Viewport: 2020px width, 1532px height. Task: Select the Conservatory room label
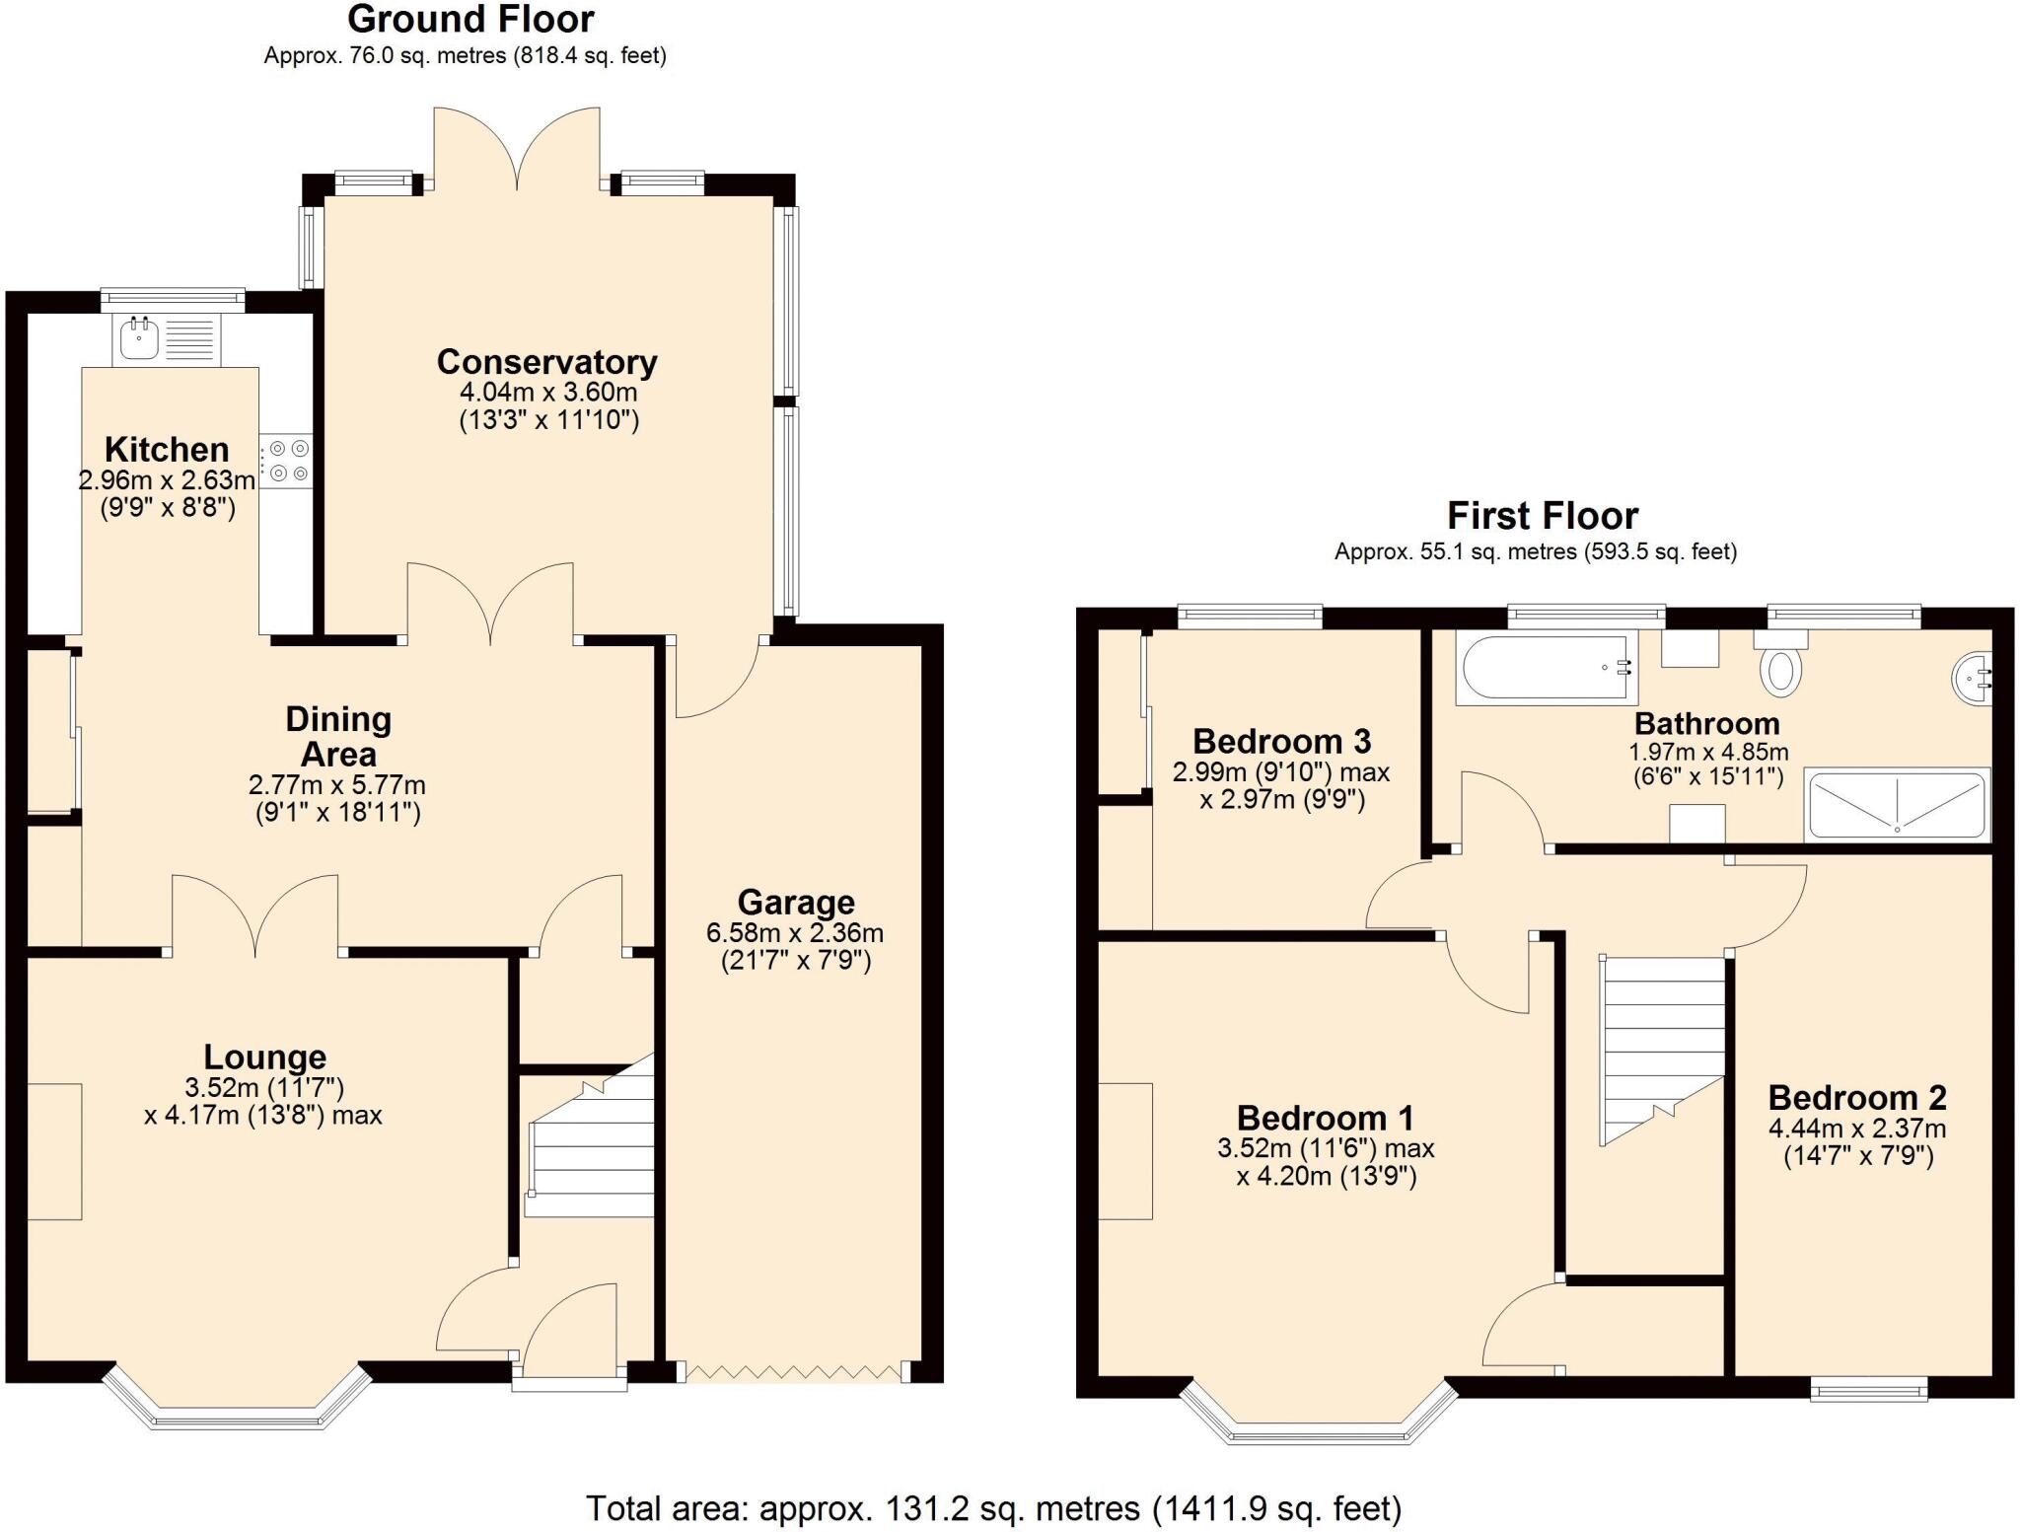pyautogui.click(x=547, y=362)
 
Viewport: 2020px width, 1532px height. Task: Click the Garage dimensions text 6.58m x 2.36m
pyautogui.click(x=795, y=932)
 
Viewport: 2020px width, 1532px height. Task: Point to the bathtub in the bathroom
pyautogui.click(x=1546, y=668)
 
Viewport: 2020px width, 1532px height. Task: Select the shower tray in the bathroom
pyautogui.click(x=1896, y=804)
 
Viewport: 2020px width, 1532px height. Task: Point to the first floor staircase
pyautogui.click(x=1662, y=1046)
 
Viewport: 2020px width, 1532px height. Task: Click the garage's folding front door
pyautogui.click(x=794, y=1372)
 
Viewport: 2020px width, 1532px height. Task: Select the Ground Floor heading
pyautogui.click(x=470, y=20)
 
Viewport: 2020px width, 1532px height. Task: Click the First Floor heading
pyautogui.click(x=1542, y=516)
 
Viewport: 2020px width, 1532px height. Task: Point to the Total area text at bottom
pyautogui.click(x=993, y=1507)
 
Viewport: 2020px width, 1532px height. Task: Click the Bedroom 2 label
pyautogui.click(x=1857, y=1097)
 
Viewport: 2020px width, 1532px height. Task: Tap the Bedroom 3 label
pyautogui.click(x=1281, y=740)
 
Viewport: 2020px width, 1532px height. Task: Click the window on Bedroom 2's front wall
pyautogui.click(x=1869, y=1390)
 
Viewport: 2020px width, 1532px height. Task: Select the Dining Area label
pyautogui.click(x=338, y=736)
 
